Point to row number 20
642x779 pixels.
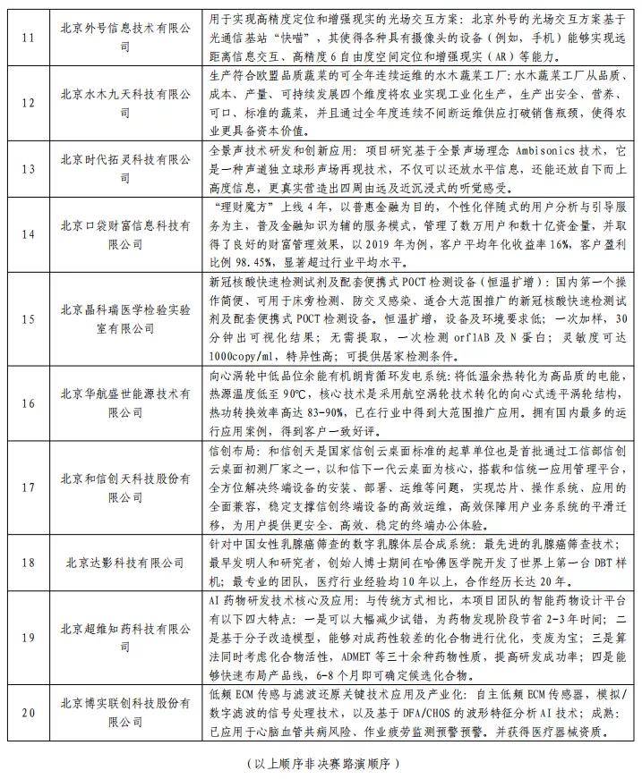pos(29,713)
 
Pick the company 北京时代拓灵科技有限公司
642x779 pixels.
pos(126,170)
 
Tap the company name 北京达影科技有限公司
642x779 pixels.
pos(126,563)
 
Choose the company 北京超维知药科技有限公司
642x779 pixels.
pos(126,637)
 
